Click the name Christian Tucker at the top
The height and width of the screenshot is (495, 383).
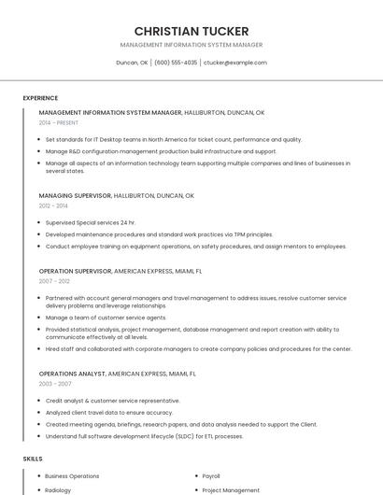coord(191,31)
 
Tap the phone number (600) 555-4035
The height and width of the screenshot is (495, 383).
coord(176,63)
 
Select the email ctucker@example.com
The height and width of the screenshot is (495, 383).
coord(235,63)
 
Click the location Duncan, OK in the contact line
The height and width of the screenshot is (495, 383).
coord(132,63)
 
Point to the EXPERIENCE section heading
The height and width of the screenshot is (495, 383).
coord(40,98)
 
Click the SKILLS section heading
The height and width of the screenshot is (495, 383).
coord(33,459)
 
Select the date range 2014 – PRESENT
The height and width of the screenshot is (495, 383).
coord(59,122)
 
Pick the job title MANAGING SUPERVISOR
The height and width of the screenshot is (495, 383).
coord(76,196)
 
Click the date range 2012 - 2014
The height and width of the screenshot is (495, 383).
coord(53,205)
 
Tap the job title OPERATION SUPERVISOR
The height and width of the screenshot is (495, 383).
coord(76,271)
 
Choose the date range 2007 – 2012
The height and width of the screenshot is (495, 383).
coord(54,280)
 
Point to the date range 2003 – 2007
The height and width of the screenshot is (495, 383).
coord(55,383)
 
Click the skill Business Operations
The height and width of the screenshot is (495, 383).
coord(72,476)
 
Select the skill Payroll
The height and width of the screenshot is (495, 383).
coord(211,476)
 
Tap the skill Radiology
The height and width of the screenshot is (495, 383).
coord(58,489)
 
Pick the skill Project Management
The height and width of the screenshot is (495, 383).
coord(231,489)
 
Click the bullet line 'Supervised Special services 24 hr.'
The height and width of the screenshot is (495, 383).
coord(91,222)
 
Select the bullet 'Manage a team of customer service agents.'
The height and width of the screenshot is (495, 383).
coord(106,318)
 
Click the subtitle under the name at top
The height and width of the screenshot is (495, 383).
coord(191,45)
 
